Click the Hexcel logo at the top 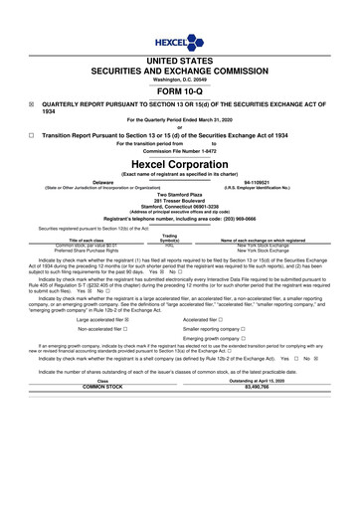(179, 14)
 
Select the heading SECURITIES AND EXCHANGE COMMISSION (179, 44)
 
